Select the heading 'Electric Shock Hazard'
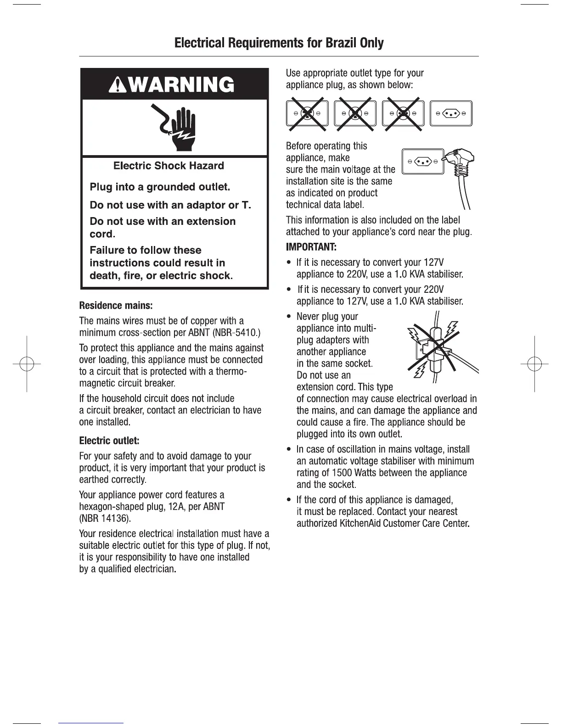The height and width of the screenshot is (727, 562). pos(169,166)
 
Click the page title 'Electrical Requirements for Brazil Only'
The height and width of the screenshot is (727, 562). pos(279,43)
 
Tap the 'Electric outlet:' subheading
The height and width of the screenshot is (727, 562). pos(109,441)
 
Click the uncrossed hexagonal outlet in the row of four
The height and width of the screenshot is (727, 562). pos(451,113)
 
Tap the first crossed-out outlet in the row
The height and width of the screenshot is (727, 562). pos(308,113)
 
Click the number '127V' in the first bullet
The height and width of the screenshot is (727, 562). pos(433,263)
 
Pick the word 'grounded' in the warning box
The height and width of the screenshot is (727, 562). pos(172,187)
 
